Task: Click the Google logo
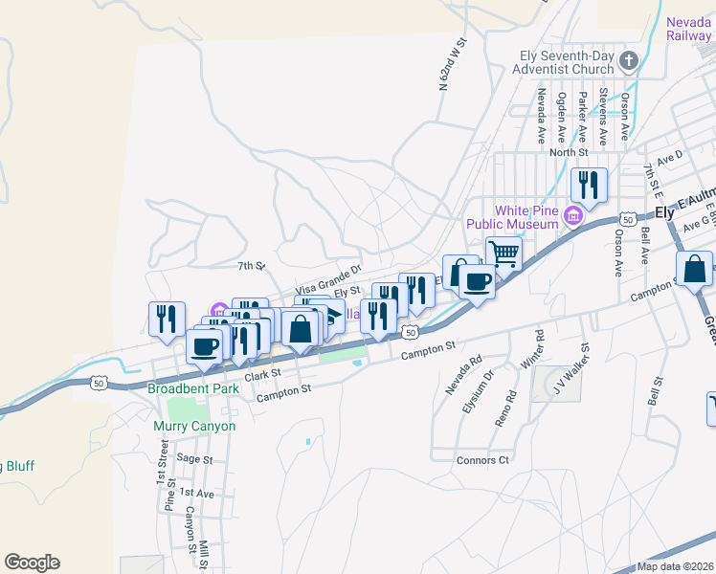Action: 32,563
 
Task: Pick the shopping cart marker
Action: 503,254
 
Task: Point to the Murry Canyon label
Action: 194,426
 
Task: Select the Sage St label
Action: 194,459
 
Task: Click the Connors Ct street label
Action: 484,460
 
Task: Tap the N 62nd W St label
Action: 452,65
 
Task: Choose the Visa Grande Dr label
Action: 328,279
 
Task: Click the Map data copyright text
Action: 675,566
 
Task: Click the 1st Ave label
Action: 196,493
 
